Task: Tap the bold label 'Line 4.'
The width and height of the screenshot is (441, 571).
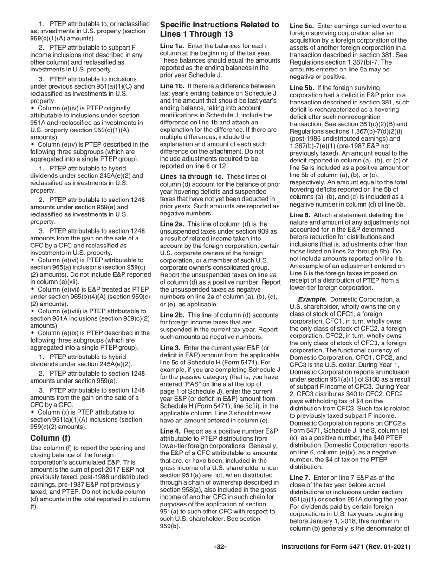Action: click(171, 431)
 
